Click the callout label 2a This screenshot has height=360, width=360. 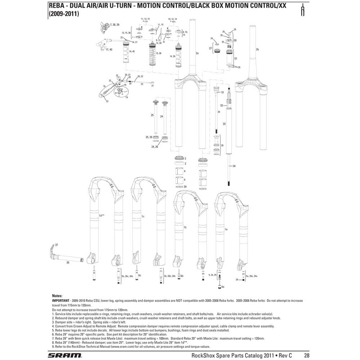(197, 54)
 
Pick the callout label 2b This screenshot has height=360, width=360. (257, 49)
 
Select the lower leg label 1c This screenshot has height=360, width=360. (143, 216)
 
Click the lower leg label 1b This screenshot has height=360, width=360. (185, 228)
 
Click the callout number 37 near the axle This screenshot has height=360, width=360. (57, 246)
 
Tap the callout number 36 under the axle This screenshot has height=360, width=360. (67, 262)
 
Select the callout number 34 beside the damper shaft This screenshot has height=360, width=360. (234, 166)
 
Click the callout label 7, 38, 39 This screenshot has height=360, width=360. (115, 22)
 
